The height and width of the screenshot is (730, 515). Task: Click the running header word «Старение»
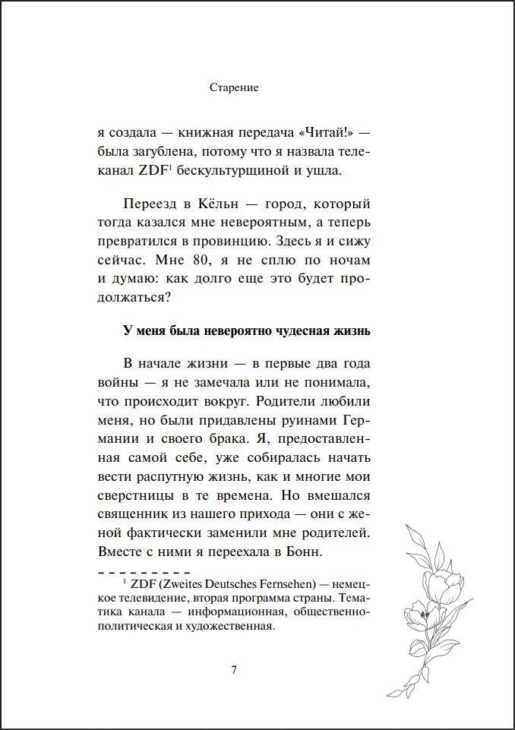233,88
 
